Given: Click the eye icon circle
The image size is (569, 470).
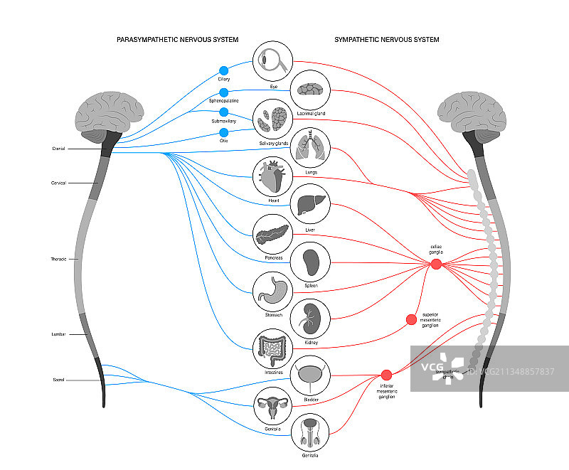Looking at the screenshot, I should coord(274,61).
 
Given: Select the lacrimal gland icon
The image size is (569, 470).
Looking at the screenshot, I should coord(312,90).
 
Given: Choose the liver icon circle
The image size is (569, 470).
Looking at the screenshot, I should coord(312,204).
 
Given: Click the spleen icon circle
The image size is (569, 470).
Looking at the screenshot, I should coord(312,262).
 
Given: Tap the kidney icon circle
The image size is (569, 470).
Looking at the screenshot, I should coord(312,318).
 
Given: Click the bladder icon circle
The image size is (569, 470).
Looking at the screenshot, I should coord(312,375).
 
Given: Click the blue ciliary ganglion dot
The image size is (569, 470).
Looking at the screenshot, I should coord(223,70).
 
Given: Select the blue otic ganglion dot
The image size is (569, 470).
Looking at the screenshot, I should coord(223,132).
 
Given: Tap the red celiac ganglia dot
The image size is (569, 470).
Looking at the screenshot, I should coord(436,264).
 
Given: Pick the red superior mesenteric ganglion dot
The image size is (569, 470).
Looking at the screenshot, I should coord(411,320).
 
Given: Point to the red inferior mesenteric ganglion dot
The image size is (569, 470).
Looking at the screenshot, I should coord(386,375).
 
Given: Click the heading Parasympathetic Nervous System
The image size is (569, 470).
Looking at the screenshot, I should coord(177,39).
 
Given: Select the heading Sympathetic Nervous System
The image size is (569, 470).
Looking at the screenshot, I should coord(386,39).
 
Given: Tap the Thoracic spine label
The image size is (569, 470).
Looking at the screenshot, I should coord(58,260).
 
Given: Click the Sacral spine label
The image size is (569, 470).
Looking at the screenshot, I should coord(58,380).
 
